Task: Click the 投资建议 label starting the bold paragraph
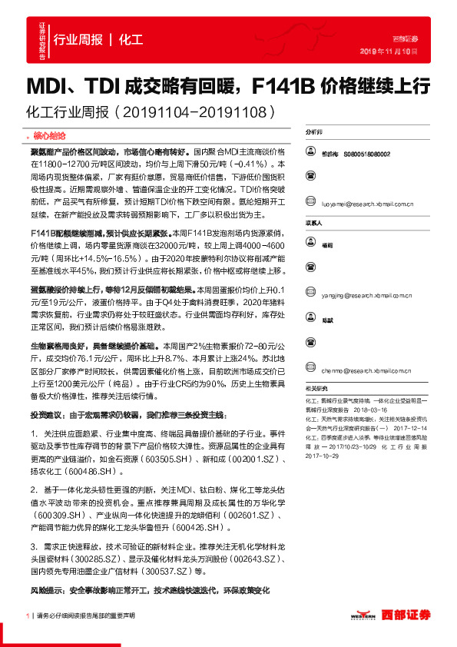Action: pyautogui.click(x=48, y=414)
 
